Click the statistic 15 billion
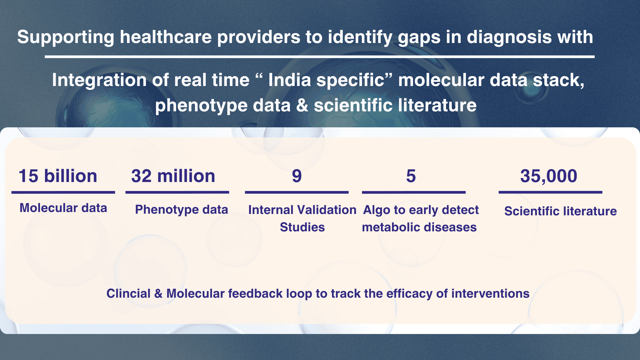click(58, 176)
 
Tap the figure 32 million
click(173, 176)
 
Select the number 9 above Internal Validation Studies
click(297, 176)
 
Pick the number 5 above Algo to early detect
click(411, 176)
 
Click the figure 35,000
click(549, 176)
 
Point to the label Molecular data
click(63, 208)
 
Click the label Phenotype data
click(182, 210)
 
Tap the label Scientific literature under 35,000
click(560, 211)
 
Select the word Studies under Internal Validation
click(302, 227)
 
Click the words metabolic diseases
click(419, 227)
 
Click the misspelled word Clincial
click(128, 293)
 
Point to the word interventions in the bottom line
click(490, 293)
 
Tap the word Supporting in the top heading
click(66, 37)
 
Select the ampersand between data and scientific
click(302, 105)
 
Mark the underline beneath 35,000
click(550, 192)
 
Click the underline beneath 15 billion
click(63, 192)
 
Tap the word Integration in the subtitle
click(99, 81)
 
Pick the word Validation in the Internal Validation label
click(327, 210)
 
